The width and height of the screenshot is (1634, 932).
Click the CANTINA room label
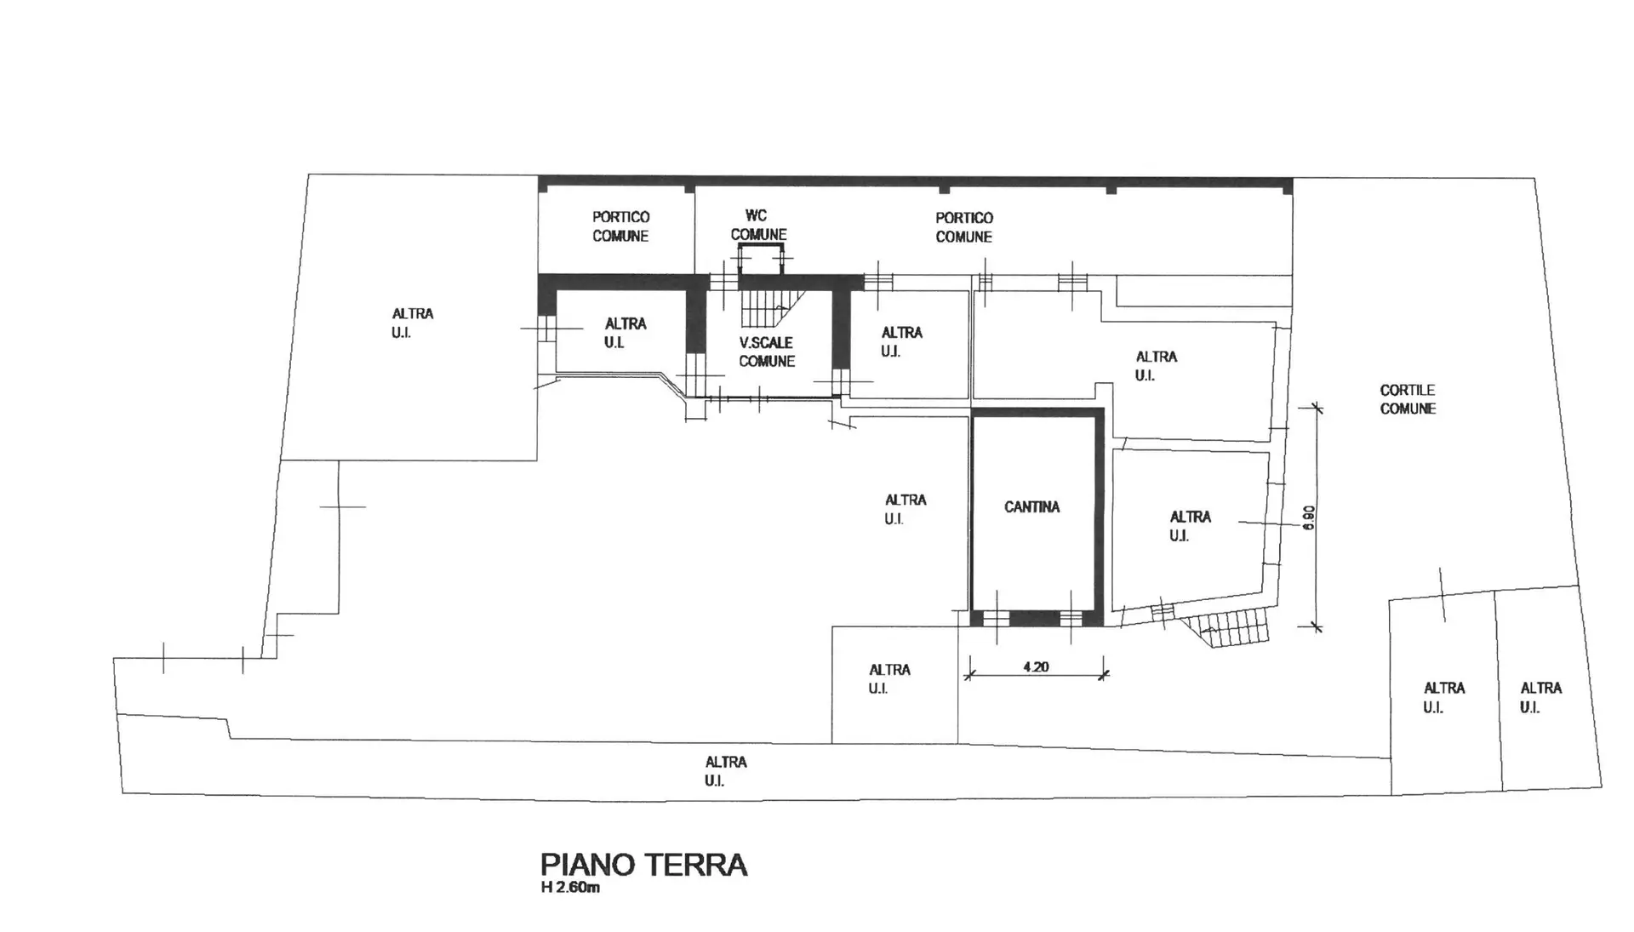coord(1031,507)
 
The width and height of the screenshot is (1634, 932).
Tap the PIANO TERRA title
coord(643,865)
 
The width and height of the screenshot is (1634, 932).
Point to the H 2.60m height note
coord(570,889)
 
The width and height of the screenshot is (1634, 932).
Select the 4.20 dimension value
coord(1036,667)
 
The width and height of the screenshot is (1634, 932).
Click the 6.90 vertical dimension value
coord(1309,517)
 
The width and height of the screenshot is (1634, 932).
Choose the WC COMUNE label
coord(757,226)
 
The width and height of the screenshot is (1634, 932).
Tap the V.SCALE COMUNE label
coord(766,352)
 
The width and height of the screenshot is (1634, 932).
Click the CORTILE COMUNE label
coord(1408,399)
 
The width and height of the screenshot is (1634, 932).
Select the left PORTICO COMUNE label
coord(620,226)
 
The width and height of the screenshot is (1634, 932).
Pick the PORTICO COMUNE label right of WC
coord(964,227)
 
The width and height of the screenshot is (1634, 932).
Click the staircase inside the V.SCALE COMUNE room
coord(771,308)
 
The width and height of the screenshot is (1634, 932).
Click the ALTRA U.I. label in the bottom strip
coord(725,771)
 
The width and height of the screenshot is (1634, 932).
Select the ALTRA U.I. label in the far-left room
coord(412,323)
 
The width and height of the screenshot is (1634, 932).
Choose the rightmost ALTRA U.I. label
coord(1540,697)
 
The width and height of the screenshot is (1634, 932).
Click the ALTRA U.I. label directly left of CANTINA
coord(905,509)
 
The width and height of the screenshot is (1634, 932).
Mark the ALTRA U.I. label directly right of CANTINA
coord(1190,526)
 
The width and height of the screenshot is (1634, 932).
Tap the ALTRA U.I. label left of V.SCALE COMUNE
coord(625,333)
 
